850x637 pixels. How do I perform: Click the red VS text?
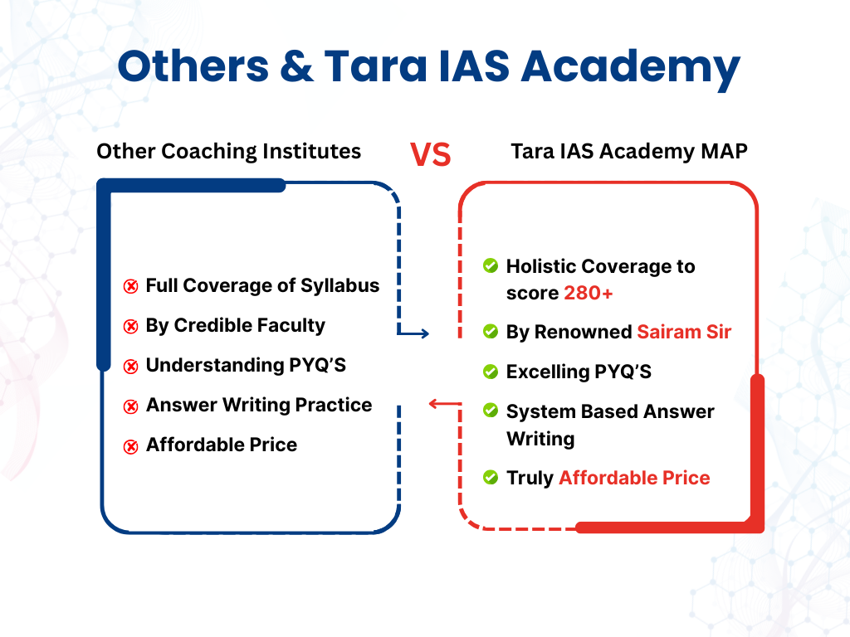click(x=431, y=154)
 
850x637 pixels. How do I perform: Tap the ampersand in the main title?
click(x=296, y=66)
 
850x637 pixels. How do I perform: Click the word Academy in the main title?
click(x=631, y=68)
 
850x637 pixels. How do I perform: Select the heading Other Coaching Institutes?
click(x=229, y=151)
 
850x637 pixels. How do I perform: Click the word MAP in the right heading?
click(x=724, y=151)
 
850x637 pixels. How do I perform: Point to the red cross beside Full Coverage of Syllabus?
click(x=130, y=286)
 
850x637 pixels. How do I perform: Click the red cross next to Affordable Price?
click(x=130, y=446)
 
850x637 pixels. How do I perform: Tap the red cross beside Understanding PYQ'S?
click(x=130, y=367)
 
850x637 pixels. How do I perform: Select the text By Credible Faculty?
click(x=235, y=325)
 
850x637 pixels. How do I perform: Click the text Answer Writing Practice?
click(x=259, y=405)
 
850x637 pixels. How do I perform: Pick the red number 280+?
click(x=589, y=293)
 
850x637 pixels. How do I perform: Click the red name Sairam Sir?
click(x=684, y=332)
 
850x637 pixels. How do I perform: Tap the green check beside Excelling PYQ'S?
click(x=491, y=372)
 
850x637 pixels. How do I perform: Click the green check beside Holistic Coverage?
click(x=491, y=266)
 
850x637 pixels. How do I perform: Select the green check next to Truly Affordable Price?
click(x=491, y=477)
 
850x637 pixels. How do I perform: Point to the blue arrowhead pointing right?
click(x=425, y=333)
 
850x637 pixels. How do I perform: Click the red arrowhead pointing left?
click(x=433, y=404)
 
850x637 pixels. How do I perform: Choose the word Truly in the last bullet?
click(x=530, y=479)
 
